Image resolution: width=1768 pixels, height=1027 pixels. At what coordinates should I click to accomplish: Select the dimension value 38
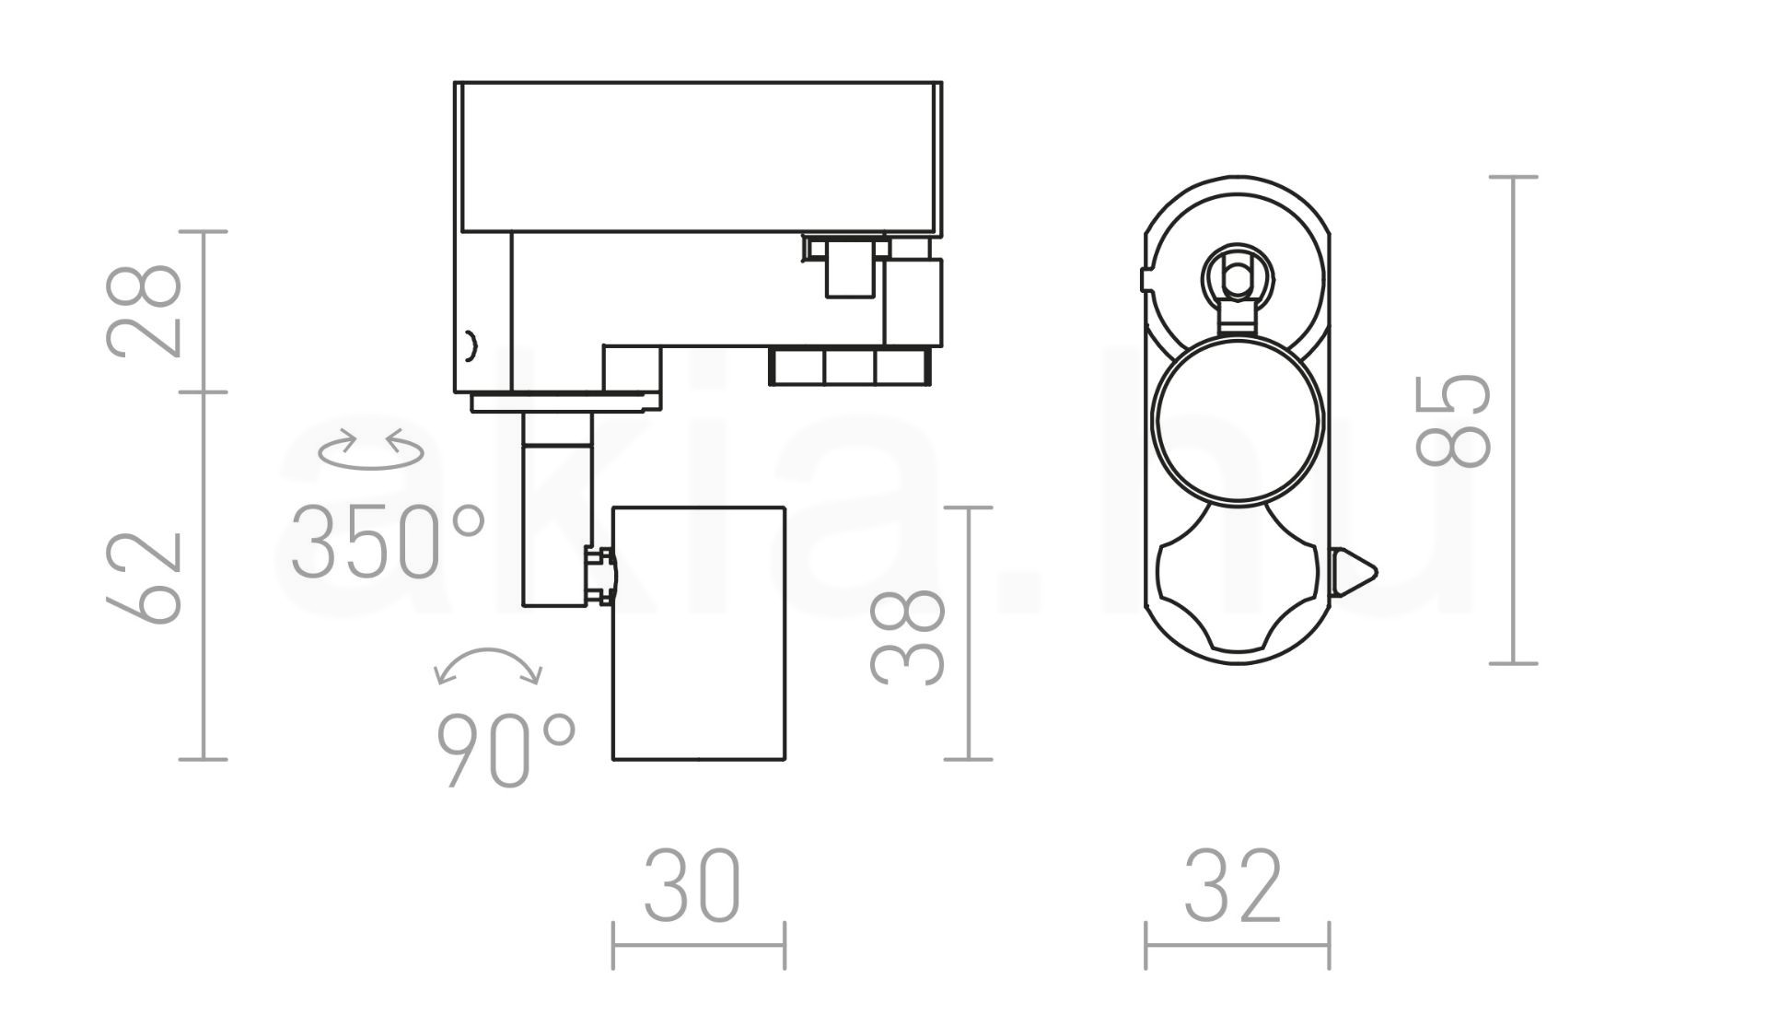point(908,637)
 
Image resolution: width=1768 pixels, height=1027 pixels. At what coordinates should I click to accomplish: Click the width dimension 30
point(692,886)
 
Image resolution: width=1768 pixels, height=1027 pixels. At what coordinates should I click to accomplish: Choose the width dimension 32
point(1233,886)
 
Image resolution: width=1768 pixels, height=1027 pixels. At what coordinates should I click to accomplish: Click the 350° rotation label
point(388,542)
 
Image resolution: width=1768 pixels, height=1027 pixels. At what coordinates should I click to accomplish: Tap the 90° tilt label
point(506,750)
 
